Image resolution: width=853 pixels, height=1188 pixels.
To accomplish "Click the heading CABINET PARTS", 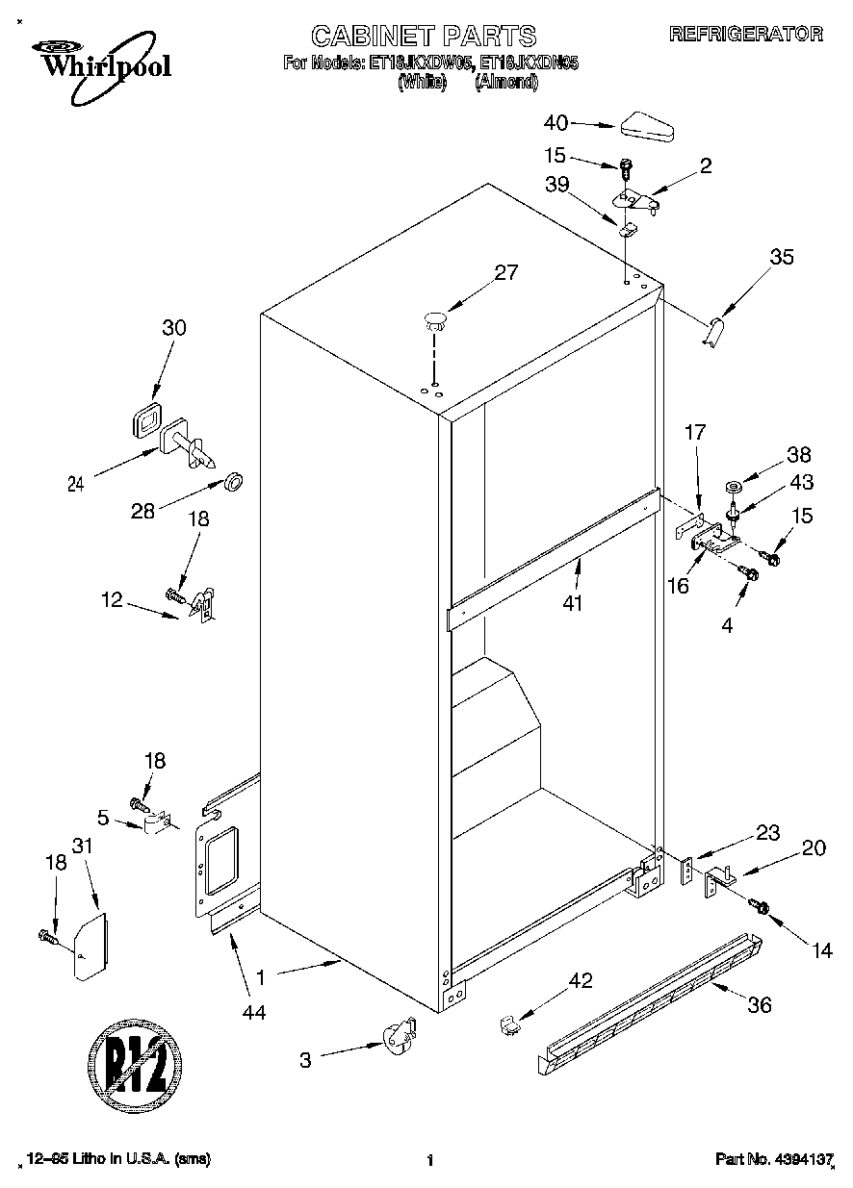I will coord(424,37).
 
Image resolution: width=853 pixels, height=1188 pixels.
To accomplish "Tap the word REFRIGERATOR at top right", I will coord(745,35).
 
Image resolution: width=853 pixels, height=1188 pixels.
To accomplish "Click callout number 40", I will coord(556,122).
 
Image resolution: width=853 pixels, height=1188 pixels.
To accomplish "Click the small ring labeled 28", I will coord(233,479).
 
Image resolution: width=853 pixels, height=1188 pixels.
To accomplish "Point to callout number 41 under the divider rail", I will coord(578,605).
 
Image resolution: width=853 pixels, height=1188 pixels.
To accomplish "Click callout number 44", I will coord(254,1012).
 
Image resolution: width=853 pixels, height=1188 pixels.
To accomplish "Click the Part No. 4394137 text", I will coord(773,1161).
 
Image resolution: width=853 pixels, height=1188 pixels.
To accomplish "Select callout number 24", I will coord(76,485).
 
